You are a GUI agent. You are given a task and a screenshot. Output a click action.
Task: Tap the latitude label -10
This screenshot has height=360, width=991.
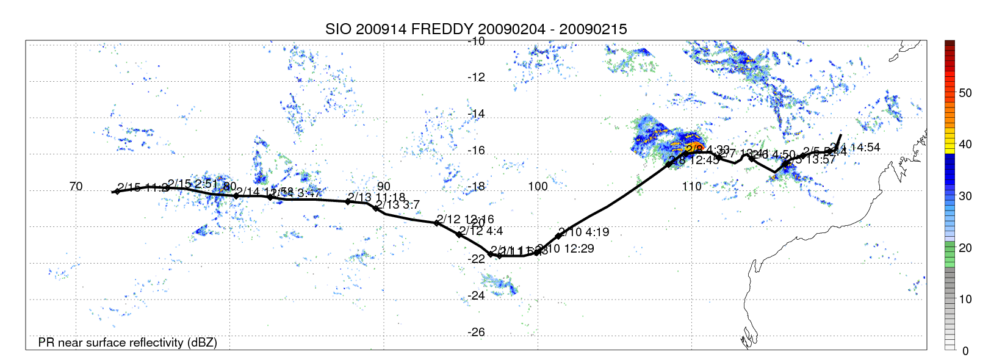click(476, 41)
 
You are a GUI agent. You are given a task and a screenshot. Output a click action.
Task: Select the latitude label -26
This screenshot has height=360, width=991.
click(476, 333)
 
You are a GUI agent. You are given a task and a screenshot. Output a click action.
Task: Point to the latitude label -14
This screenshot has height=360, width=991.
click(476, 114)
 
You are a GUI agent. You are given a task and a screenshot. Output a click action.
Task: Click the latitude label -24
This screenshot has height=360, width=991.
click(476, 296)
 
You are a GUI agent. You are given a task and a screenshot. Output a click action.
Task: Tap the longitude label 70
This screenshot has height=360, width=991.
click(76, 187)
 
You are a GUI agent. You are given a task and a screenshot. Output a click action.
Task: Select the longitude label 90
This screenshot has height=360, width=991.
click(383, 187)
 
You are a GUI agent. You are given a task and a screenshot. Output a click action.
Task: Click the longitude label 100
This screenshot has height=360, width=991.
click(538, 187)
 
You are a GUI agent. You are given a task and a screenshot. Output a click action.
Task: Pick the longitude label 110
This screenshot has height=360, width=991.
click(692, 187)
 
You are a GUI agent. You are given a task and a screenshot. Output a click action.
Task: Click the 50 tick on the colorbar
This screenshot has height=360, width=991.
click(965, 93)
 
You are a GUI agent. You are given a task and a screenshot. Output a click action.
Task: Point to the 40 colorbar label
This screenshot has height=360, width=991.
click(965, 145)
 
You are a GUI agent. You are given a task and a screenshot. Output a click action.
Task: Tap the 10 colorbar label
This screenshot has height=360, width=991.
click(965, 300)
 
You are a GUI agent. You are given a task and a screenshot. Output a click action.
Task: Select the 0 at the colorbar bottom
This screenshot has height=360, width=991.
click(965, 351)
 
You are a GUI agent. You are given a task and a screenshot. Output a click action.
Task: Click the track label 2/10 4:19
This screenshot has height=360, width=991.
click(584, 232)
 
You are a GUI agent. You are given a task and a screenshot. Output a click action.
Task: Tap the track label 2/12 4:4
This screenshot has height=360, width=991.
click(481, 231)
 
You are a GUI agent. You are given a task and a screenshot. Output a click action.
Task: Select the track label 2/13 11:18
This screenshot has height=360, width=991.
click(377, 198)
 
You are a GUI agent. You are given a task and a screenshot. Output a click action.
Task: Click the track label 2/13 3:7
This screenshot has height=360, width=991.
click(398, 205)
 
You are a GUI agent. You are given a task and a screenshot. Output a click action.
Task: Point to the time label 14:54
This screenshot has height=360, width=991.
click(865, 148)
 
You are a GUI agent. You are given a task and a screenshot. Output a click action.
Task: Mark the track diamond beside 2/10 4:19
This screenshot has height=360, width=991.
click(558, 236)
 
